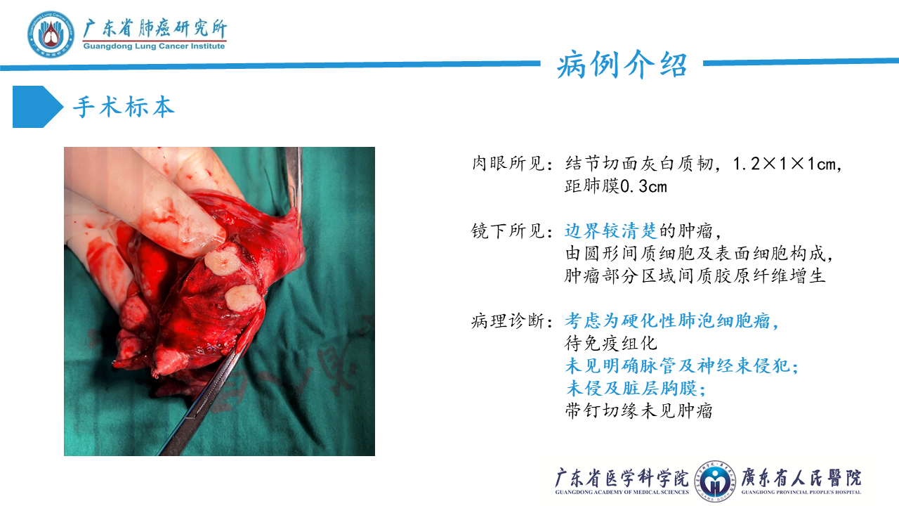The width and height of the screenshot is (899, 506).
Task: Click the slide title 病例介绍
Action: coord(622,65)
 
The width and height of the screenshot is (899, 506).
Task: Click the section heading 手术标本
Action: coord(124,107)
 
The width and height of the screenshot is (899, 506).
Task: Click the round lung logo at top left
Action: coord(51,34)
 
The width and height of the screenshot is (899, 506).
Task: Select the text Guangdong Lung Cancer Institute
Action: coord(154,46)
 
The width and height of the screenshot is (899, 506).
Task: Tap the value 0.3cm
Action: coord(641,187)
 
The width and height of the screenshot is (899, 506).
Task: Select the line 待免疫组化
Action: coord(611,344)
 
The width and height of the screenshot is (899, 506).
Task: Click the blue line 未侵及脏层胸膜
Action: coord(634,388)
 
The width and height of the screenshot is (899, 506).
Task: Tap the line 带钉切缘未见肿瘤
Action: coord(639,410)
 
